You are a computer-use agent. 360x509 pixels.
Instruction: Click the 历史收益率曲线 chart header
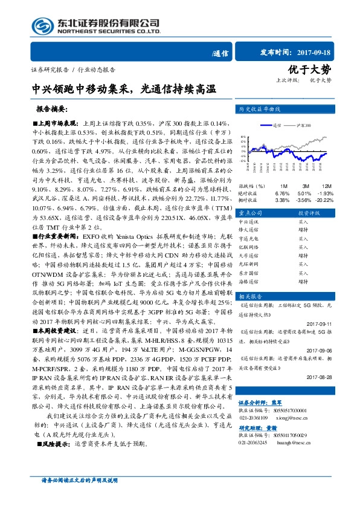260,109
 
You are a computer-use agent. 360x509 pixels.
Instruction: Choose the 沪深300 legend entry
303,125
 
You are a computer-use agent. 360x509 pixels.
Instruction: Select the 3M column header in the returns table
306,185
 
